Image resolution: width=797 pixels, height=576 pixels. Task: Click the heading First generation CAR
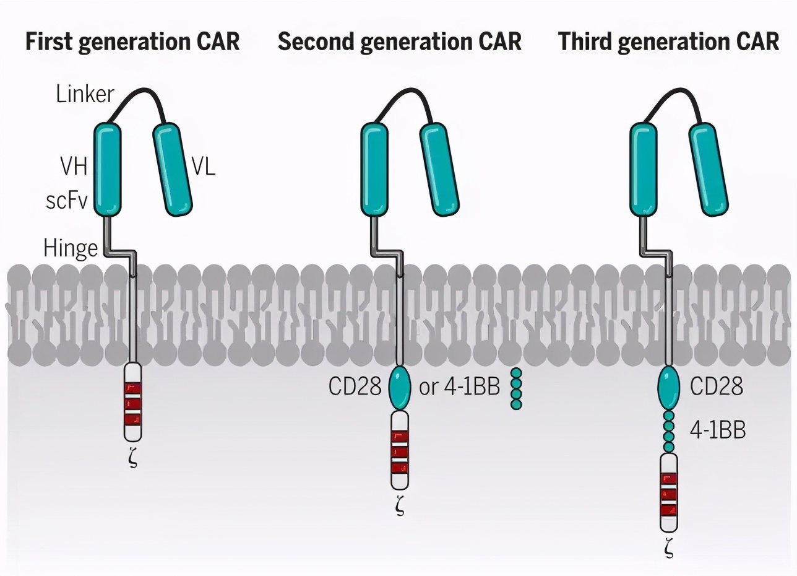(x=132, y=41)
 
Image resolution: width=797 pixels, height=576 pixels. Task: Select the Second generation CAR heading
(x=399, y=41)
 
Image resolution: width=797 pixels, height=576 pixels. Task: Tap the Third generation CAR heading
(x=668, y=41)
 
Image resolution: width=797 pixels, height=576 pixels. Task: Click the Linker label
(x=85, y=95)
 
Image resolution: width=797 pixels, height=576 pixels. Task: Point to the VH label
(x=73, y=167)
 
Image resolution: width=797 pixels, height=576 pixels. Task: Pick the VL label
(x=202, y=167)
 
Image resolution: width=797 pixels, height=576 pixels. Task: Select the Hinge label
(x=71, y=248)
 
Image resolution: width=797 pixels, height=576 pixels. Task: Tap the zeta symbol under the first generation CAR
(x=133, y=459)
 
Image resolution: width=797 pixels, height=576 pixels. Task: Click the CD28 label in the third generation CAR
(x=717, y=386)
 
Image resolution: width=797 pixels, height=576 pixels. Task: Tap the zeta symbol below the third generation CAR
(x=668, y=549)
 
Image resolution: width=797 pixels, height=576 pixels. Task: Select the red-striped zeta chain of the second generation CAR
(x=400, y=451)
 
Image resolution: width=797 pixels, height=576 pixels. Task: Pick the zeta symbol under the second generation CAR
(x=400, y=506)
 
